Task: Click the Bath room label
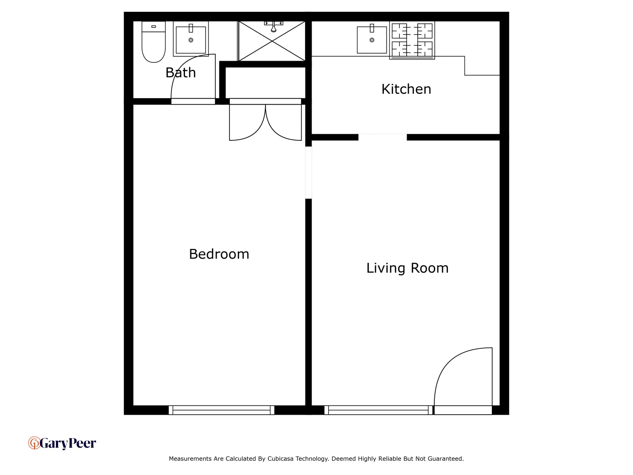(181, 73)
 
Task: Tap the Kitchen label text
(406, 89)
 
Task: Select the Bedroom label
(219, 254)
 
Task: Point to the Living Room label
(407, 268)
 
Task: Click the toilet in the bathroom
(153, 42)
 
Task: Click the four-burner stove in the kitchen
(412, 40)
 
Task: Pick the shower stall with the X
(272, 41)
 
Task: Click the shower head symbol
(273, 27)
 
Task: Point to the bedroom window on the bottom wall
(222, 410)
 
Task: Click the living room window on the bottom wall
(378, 410)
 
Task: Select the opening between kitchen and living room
(382, 137)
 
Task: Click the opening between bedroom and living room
(309, 172)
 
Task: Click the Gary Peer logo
(62, 443)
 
